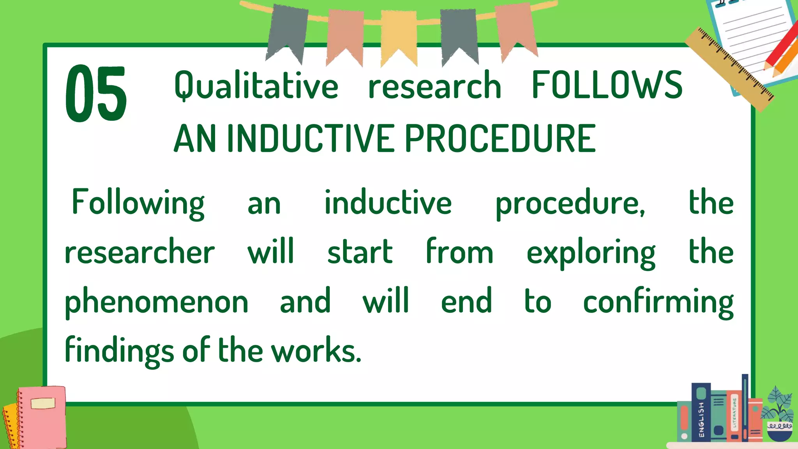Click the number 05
[x=96, y=94]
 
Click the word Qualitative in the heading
[x=256, y=86]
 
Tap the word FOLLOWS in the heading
[x=607, y=85]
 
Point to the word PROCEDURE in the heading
[x=500, y=138]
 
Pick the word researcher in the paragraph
[x=139, y=253]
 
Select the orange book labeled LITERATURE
[x=734, y=417]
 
